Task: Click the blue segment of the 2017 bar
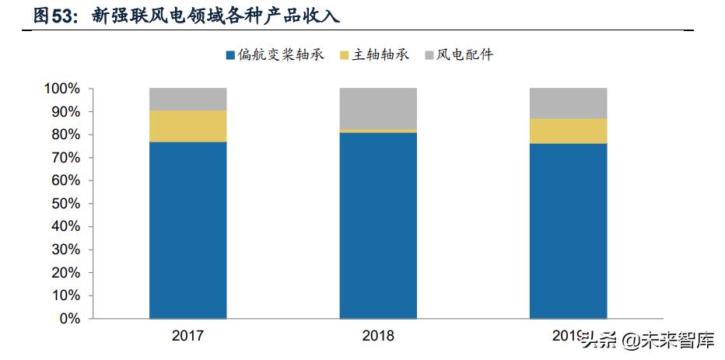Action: pyautogui.click(x=187, y=229)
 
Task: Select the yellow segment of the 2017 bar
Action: pyautogui.click(x=187, y=126)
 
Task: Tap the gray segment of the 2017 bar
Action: pyautogui.click(x=187, y=99)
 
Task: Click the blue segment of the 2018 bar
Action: pyautogui.click(x=378, y=225)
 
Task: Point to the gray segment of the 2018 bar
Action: pyautogui.click(x=378, y=108)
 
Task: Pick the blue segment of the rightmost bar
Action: pyautogui.click(x=568, y=231)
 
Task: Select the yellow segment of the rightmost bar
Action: pyautogui.click(x=568, y=131)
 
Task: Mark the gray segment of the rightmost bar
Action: pyautogui.click(x=568, y=103)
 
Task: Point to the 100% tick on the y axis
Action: pyautogui.click(x=61, y=89)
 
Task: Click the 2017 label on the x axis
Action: pyautogui.click(x=187, y=336)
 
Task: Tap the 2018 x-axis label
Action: pyautogui.click(x=378, y=336)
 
